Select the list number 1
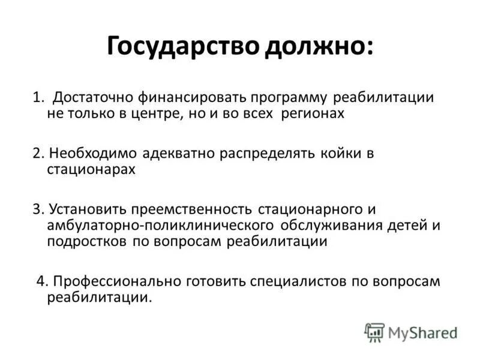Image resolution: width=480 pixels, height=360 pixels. pyautogui.click(x=37, y=97)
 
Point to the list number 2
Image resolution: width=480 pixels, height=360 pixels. pyautogui.click(x=37, y=154)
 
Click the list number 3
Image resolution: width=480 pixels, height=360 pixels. pyautogui.click(x=37, y=209)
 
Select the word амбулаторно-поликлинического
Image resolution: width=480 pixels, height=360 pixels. pyautogui.click(x=161, y=226)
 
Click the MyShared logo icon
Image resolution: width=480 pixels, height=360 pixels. pyautogui.click(x=374, y=331)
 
